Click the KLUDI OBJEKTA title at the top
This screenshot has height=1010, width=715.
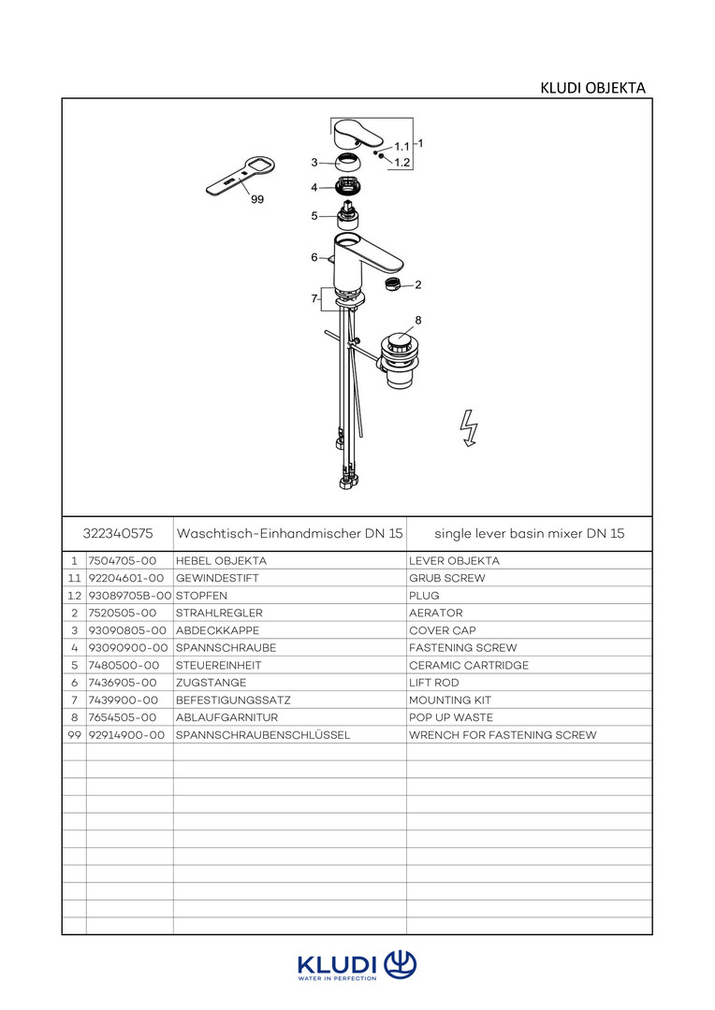(x=592, y=88)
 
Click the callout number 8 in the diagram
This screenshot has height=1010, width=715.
(x=417, y=320)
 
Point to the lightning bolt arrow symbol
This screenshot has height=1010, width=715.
(x=469, y=428)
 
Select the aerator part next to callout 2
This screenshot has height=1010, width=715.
(x=393, y=283)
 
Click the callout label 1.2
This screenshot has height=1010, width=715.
(x=402, y=163)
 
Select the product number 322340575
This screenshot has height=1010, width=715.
(x=118, y=533)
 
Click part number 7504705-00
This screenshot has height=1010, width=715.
(x=123, y=561)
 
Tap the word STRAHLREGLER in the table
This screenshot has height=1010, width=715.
(x=219, y=613)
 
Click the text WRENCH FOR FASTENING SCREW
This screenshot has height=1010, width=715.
(x=503, y=735)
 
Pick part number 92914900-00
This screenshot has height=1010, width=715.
(x=126, y=735)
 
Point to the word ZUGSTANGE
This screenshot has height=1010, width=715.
(x=211, y=683)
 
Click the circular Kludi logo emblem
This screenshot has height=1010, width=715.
(x=401, y=965)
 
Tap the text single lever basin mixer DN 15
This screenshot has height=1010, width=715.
(x=530, y=533)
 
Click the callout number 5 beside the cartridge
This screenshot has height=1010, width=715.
(x=314, y=216)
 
